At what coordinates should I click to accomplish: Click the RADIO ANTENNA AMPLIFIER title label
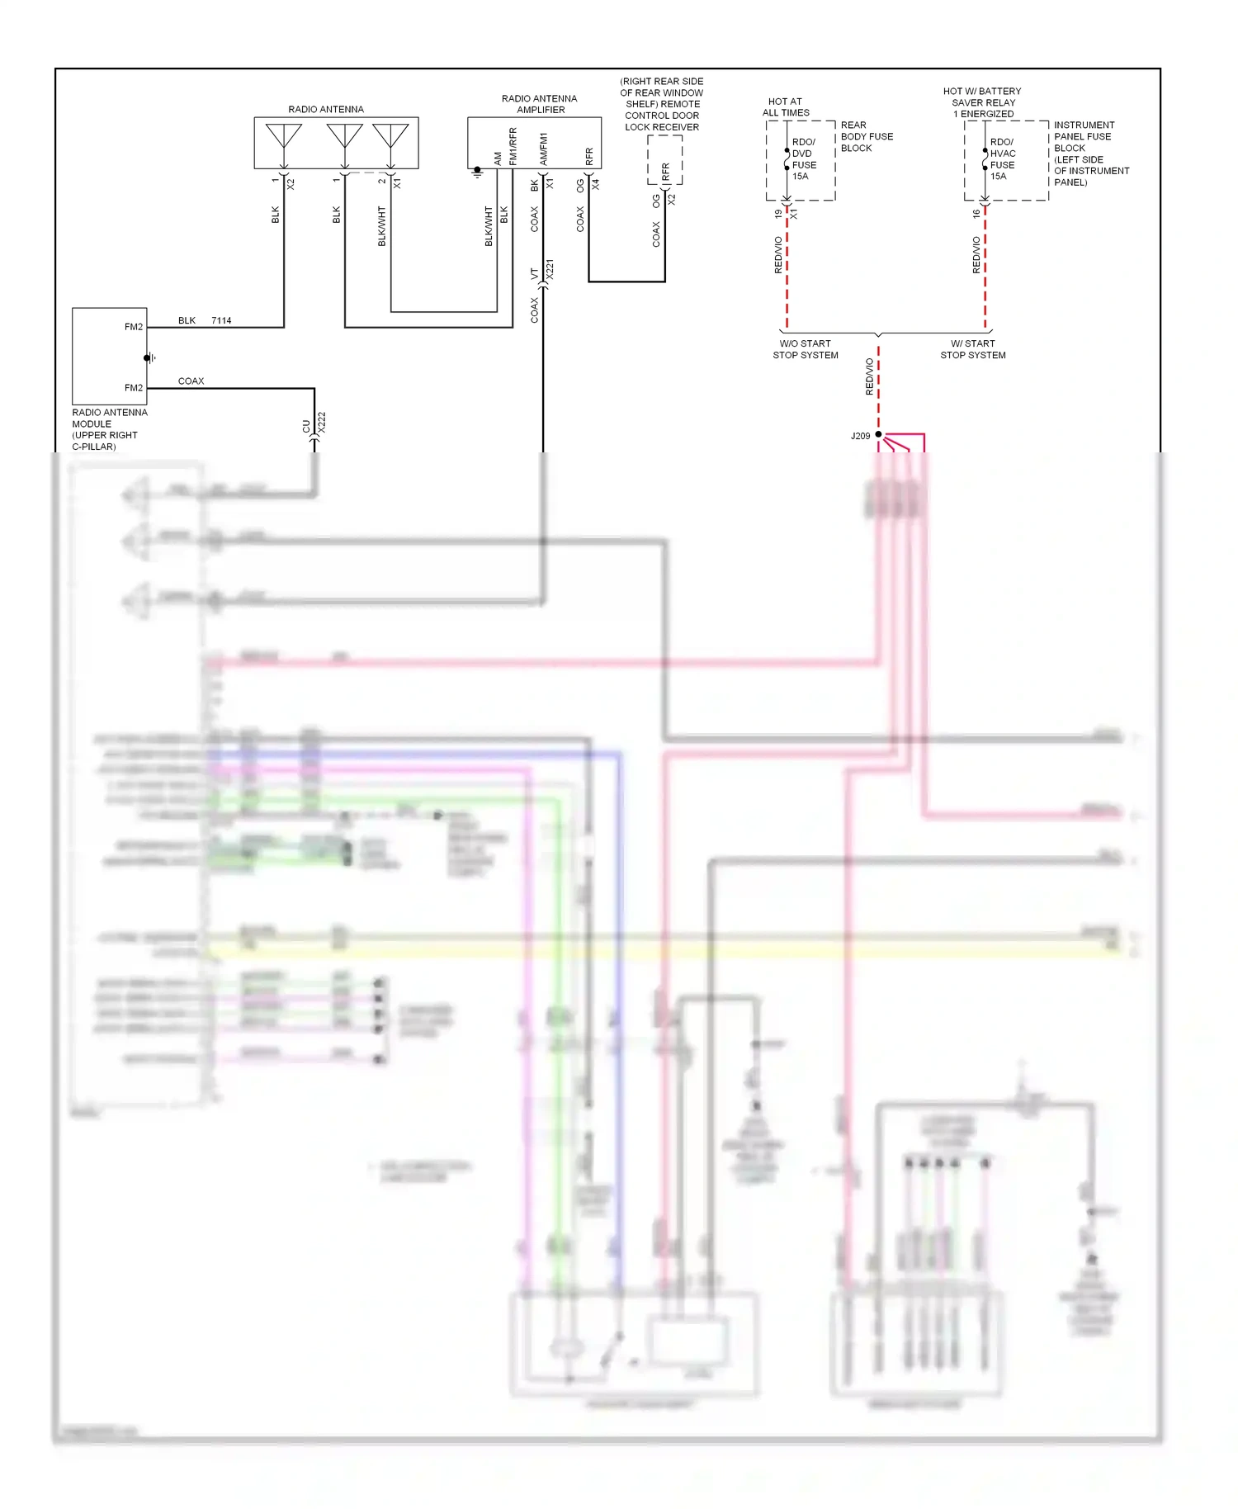click(540, 104)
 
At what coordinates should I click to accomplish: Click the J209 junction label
click(860, 436)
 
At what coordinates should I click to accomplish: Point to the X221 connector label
click(550, 270)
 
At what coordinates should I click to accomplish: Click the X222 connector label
click(322, 422)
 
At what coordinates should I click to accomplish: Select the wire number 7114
click(221, 320)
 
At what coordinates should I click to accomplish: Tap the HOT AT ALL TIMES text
click(786, 107)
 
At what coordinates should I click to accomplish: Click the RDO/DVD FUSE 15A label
click(803, 159)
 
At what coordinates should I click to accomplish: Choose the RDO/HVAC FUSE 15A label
click(1002, 159)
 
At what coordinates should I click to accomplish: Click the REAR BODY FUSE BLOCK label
click(866, 137)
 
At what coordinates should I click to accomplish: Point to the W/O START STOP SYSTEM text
click(805, 349)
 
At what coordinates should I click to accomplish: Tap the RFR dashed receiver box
click(665, 160)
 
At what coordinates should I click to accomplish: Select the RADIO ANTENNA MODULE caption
click(109, 429)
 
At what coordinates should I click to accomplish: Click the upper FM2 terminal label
click(133, 327)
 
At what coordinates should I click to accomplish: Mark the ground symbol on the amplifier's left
click(477, 173)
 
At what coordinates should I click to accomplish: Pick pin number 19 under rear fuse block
click(777, 214)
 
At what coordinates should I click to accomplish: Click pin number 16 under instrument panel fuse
click(976, 214)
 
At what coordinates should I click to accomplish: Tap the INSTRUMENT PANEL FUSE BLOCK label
click(1090, 154)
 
